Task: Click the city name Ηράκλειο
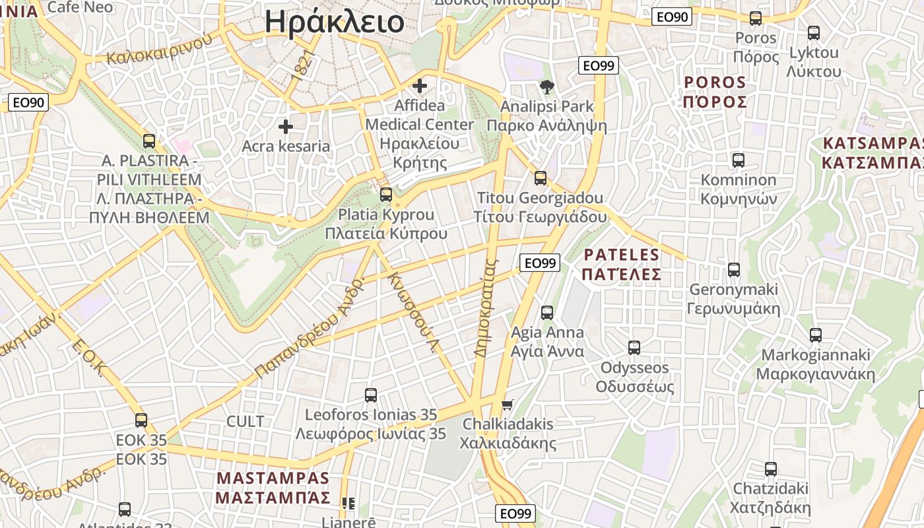[x=334, y=22]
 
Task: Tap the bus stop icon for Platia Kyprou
[x=386, y=195]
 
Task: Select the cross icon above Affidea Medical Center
[x=419, y=86]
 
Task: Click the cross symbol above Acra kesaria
[x=286, y=126]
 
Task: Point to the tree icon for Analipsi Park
[x=546, y=86]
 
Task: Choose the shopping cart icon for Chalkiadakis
[x=507, y=405]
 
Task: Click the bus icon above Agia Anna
[x=547, y=313]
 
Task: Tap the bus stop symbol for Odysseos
[x=634, y=347]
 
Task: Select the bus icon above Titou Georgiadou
[x=541, y=178]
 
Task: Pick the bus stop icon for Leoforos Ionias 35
[x=371, y=395]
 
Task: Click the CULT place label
[x=245, y=421]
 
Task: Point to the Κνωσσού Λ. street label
[x=413, y=312]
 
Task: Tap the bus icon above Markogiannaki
[x=816, y=335]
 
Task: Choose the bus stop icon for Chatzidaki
[x=770, y=469]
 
